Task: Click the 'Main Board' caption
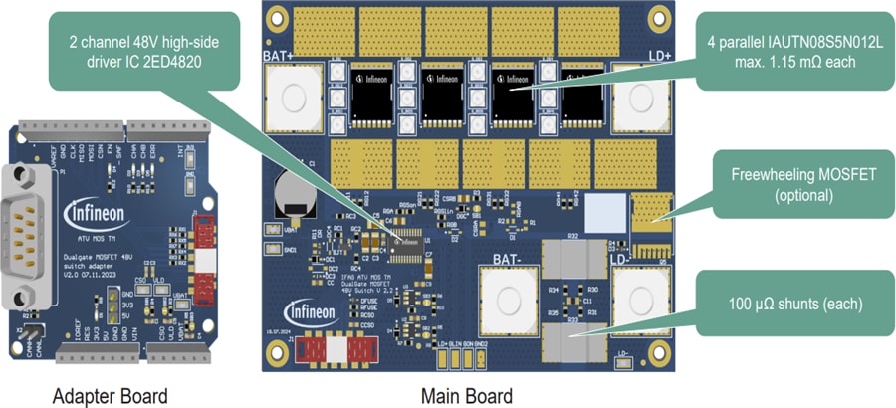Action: (x=466, y=395)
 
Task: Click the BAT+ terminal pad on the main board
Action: (x=294, y=98)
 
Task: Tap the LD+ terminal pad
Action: (x=637, y=98)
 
